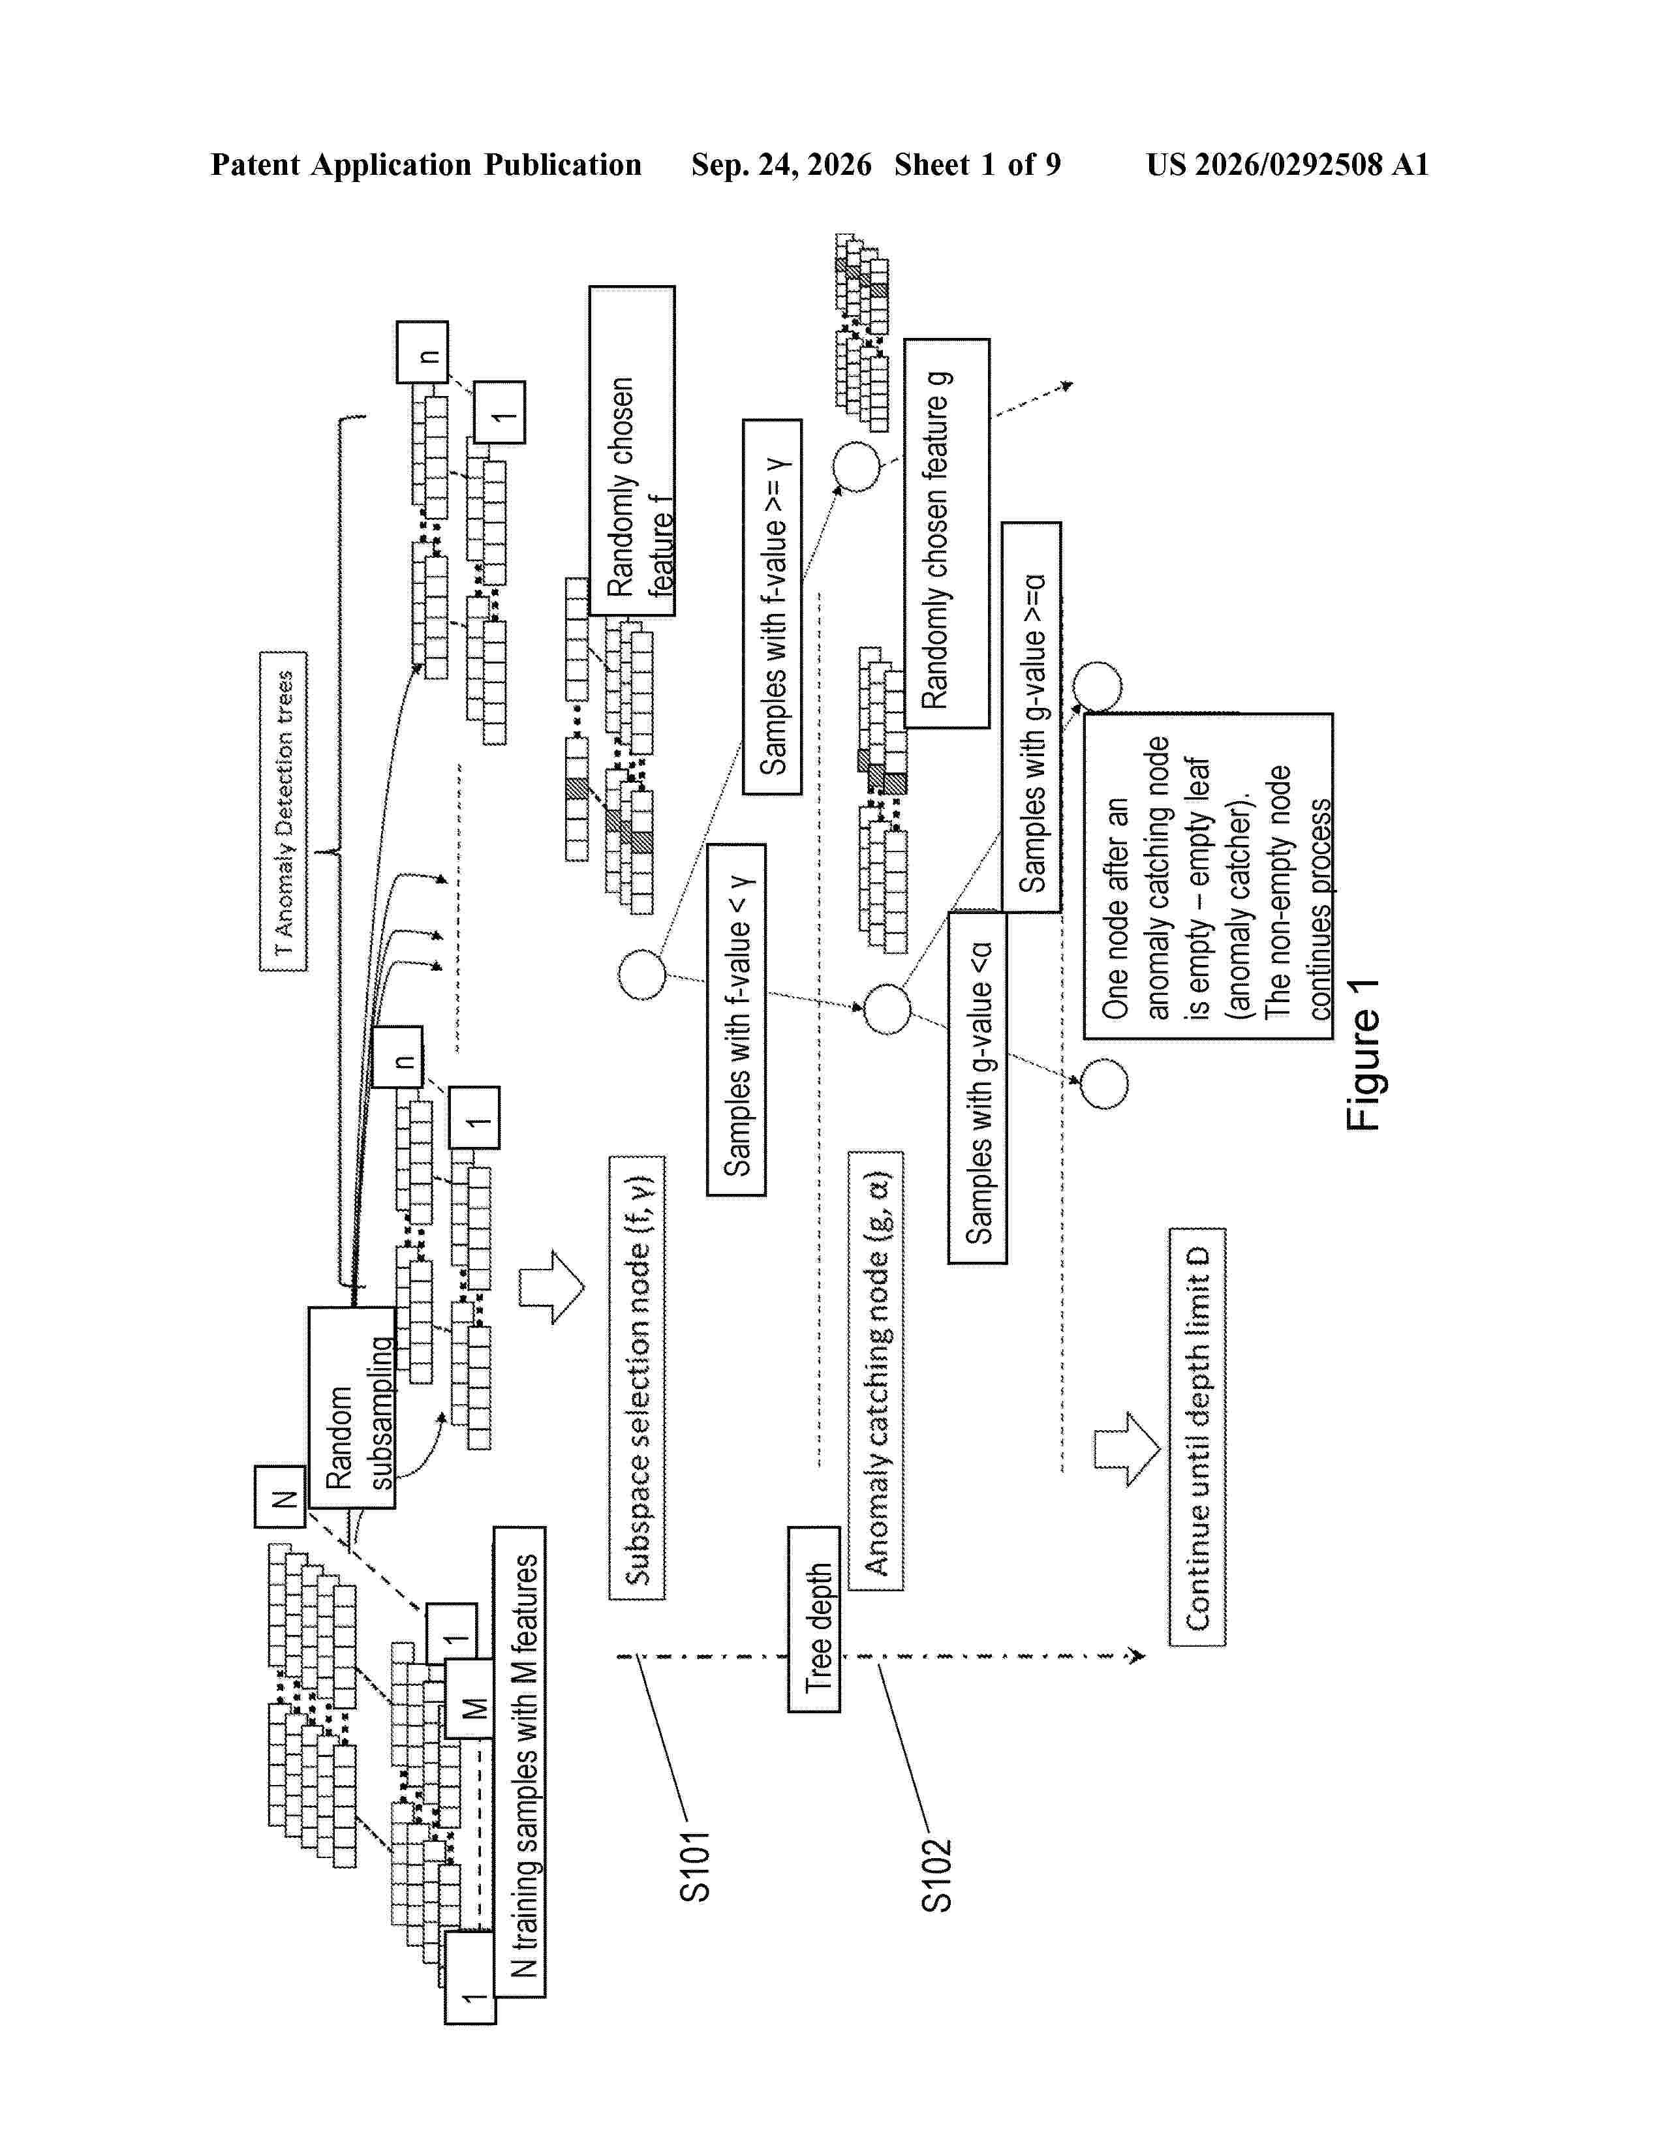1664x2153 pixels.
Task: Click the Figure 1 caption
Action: [1363, 1055]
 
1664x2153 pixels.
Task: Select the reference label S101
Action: [695, 1866]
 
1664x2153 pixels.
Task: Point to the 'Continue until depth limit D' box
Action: [1197, 1437]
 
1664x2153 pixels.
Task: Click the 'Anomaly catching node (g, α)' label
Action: [875, 1370]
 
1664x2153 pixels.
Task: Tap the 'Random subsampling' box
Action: [352, 1408]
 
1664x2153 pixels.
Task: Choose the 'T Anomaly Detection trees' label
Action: [283, 812]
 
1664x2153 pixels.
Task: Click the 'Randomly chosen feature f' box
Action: [632, 451]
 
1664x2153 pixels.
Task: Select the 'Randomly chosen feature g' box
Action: [946, 533]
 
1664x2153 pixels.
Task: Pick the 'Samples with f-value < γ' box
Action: [736, 1019]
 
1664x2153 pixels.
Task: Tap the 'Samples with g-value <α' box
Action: [977, 1088]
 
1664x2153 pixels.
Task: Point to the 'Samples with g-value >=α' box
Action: [1031, 716]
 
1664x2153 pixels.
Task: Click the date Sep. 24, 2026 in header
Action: [780, 164]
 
